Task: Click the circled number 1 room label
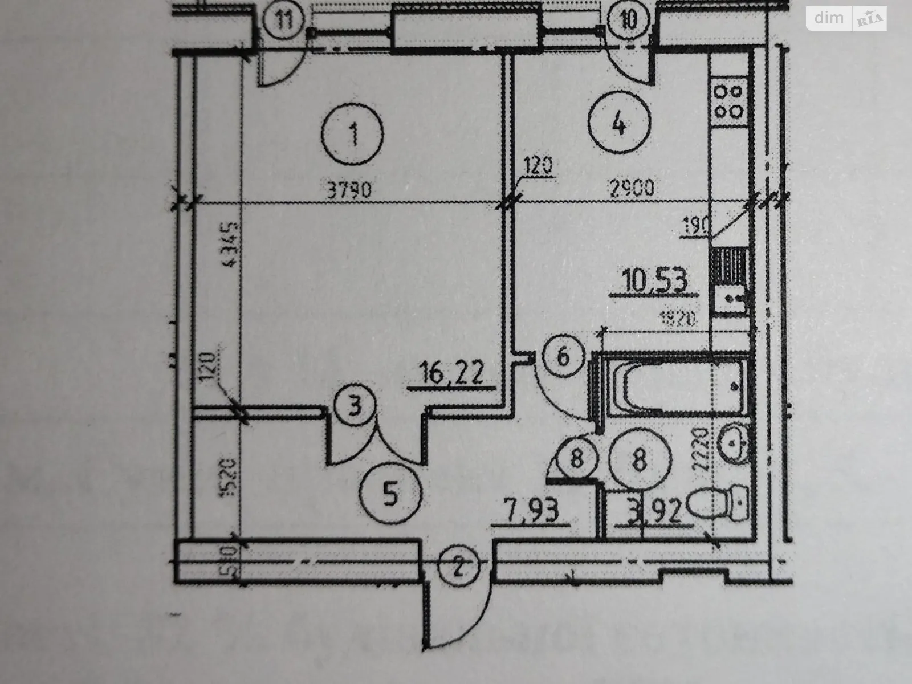pyautogui.click(x=352, y=135)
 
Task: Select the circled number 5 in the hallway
pyautogui.click(x=391, y=494)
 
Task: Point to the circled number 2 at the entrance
pyautogui.click(x=460, y=567)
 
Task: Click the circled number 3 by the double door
pyautogui.click(x=355, y=408)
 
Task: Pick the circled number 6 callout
pyautogui.click(x=563, y=358)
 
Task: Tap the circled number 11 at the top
pyautogui.click(x=284, y=21)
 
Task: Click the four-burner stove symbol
pyautogui.click(x=728, y=101)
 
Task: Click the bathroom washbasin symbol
pyautogui.click(x=735, y=442)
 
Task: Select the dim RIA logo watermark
pyautogui.click(x=846, y=18)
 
